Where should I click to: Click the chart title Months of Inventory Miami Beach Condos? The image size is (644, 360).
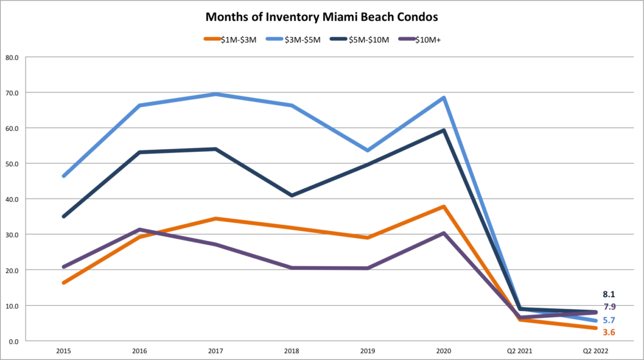pos(321,14)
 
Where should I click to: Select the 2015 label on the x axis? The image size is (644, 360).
pos(64,349)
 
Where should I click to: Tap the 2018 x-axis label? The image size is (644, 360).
pos(291,349)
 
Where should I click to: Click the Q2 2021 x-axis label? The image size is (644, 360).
pos(519,349)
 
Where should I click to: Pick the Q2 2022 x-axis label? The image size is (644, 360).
pos(594,349)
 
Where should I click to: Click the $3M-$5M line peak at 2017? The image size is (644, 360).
pos(215,94)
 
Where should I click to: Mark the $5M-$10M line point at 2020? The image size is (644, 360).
pos(443,131)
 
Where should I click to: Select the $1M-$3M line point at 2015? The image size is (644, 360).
pos(64,283)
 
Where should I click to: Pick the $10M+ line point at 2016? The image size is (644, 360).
pos(140,230)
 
